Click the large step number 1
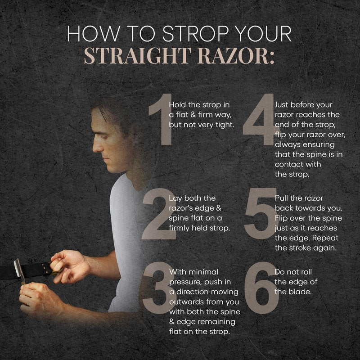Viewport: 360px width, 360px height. pos(161,119)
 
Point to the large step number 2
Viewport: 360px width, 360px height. pos(159,214)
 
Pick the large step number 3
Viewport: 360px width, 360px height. pos(158,288)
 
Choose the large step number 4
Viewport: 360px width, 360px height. pos(259,119)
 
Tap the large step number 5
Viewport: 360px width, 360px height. pos(261,214)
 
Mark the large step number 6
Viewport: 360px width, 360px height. pos(261,288)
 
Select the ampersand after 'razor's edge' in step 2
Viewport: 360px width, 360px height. pos(218,208)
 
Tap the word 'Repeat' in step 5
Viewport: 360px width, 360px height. pos(325,238)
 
